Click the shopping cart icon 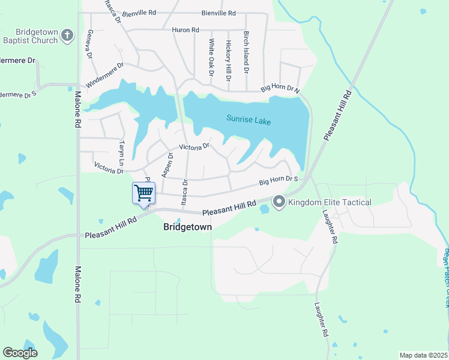143,193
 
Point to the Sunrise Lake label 249,121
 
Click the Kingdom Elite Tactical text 330,203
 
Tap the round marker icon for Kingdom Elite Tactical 279,203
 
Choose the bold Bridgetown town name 187,227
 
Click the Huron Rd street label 185,30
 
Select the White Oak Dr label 211,58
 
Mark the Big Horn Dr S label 279,180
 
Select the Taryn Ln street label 122,154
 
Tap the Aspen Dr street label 167,165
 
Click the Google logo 20,353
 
